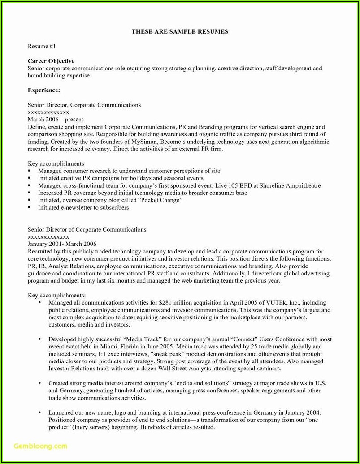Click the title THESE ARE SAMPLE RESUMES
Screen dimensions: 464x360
(x=180, y=32)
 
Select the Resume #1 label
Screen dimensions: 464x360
(x=42, y=46)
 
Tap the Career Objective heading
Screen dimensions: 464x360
(x=51, y=61)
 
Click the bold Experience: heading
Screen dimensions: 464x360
(x=44, y=90)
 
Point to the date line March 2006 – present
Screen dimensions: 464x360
(x=56, y=120)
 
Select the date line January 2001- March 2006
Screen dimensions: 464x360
(x=62, y=244)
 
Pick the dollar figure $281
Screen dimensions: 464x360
(x=166, y=303)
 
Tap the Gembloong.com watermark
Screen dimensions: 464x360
(x=40, y=447)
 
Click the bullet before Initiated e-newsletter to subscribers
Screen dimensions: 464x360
(x=30, y=208)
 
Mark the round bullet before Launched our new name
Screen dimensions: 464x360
(x=40, y=412)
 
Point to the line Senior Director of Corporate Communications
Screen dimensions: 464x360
(x=87, y=229)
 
